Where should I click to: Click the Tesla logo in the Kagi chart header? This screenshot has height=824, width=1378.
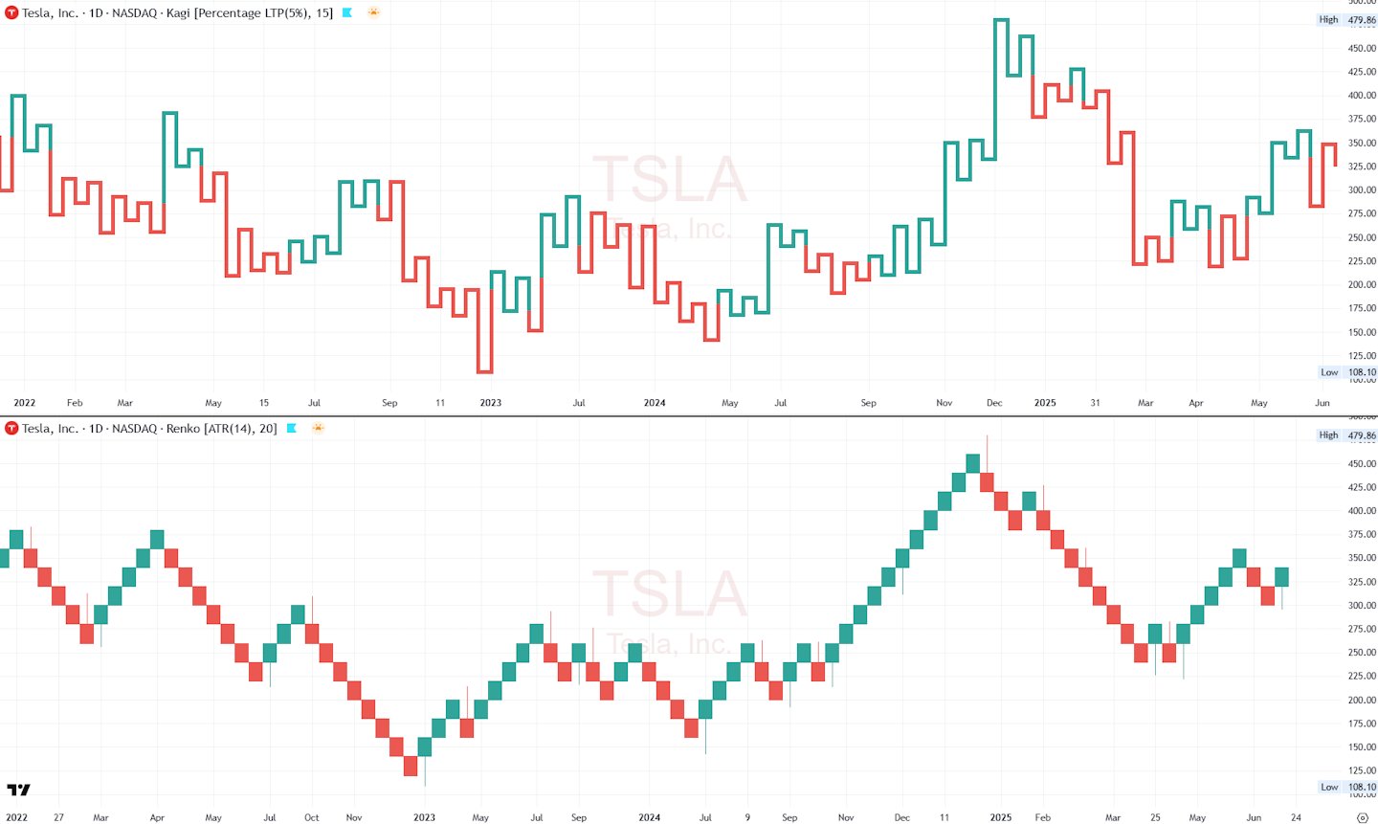[x=11, y=13]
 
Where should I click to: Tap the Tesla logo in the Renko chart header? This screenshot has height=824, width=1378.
[x=11, y=429]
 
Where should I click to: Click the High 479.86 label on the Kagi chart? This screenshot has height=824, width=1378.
[x=1347, y=20]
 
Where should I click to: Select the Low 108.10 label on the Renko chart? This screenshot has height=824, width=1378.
[x=1347, y=788]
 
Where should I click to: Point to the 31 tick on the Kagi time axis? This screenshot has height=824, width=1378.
[x=1095, y=403]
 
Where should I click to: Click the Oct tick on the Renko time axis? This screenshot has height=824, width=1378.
[x=312, y=817]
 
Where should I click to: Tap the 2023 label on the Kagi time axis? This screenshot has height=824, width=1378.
[x=490, y=403]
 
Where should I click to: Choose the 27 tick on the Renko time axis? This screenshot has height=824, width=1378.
[x=58, y=817]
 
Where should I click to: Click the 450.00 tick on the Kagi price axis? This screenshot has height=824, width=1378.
[x=1362, y=48]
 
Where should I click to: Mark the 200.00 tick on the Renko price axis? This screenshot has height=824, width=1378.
[x=1362, y=701]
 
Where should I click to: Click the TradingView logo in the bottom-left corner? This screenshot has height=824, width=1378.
[x=18, y=790]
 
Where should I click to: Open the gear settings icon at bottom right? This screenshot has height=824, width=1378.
[x=1363, y=817]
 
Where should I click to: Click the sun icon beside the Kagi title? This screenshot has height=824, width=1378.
[x=373, y=13]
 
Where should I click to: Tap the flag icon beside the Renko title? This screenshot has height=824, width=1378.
[x=292, y=429]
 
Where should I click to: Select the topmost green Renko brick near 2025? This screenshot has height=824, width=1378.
[x=973, y=463]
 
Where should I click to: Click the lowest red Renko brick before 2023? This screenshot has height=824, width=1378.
[x=411, y=766]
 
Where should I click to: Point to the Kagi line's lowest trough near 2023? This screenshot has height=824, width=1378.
[x=485, y=371]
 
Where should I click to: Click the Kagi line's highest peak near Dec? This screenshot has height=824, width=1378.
[x=1001, y=20]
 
